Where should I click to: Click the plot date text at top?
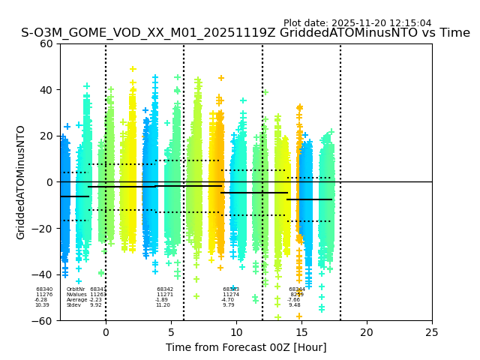(x=357, y=23)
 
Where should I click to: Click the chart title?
(x=245, y=33)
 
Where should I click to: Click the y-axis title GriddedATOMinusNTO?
(x=21, y=182)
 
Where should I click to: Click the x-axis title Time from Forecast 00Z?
(x=246, y=347)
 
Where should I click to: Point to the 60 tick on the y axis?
(x=46, y=43)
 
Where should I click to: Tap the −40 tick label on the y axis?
(x=43, y=274)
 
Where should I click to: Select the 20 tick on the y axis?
(x=46, y=136)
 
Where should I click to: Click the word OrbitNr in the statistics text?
(x=76, y=289)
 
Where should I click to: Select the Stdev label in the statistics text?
(x=73, y=305)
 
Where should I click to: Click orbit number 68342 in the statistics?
(x=165, y=289)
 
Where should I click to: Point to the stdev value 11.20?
(x=163, y=305)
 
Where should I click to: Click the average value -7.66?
(x=293, y=300)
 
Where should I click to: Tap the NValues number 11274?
(x=231, y=295)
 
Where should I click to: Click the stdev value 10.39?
(x=42, y=305)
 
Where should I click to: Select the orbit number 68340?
(x=44, y=289)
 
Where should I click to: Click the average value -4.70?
(x=228, y=300)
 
